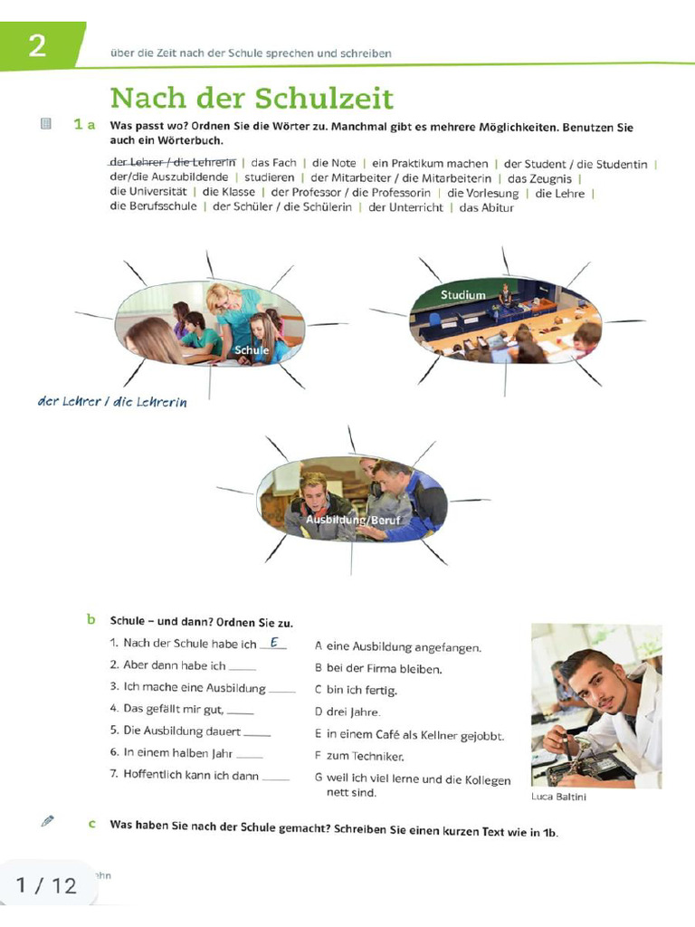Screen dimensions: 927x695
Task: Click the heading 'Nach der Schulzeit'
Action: pos(252,98)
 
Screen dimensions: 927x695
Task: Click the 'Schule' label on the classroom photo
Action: pos(252,350)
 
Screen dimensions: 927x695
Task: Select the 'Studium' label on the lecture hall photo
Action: pos(462,295)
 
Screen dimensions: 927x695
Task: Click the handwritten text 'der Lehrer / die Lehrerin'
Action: pos(112,402)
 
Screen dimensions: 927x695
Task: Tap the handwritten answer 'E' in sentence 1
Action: pos(272,643)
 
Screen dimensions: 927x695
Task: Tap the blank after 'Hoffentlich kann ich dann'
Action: pos(276,777)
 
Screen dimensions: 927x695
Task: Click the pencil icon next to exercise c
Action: pos(48,821)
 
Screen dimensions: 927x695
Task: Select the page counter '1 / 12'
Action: pos(46,884)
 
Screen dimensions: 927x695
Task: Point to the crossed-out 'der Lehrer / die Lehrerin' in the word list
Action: pos(172,163)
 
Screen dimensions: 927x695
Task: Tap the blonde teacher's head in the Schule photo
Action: pos(220,296)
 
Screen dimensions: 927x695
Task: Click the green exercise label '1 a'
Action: pos(84,125)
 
